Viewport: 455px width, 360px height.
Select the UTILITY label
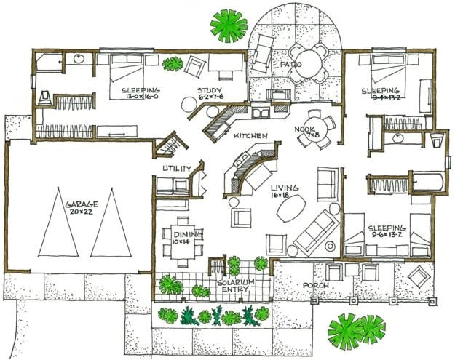(177, 169)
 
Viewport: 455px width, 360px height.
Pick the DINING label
(182, 234)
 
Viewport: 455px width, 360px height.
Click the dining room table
(181, 234)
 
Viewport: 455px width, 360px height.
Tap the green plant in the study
(173, 64)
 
